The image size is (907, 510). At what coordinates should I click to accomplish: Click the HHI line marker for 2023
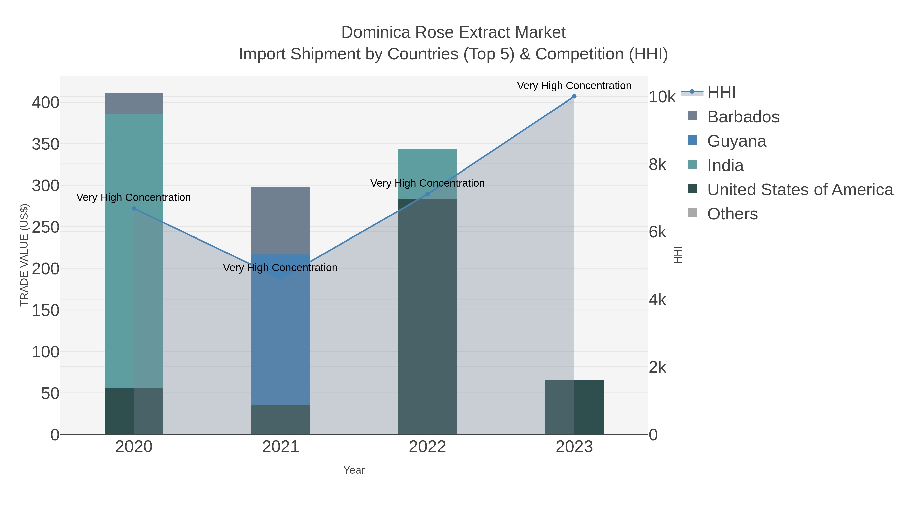(x=574, y=96)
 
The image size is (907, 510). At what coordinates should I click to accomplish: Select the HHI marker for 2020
(x=134, y=208)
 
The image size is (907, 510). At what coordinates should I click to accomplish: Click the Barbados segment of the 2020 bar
(x=134, y=104)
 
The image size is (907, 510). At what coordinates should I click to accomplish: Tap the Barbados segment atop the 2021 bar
(x=281, y=220)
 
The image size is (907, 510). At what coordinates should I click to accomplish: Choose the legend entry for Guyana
(x=737, y=141)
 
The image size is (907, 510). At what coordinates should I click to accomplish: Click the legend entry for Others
(x=732, y=214)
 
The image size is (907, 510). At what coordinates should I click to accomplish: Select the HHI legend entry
(x=721, y=93)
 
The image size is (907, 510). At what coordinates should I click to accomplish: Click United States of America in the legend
(x=800, y=190)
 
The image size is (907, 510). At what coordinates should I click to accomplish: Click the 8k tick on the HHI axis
(x=657, y=165)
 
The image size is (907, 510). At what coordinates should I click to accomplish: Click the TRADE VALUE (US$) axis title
(x=24, y=255)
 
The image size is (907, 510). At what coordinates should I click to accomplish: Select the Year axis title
(x=354, y=470)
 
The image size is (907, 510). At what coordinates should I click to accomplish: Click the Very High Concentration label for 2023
(x=574, y=86)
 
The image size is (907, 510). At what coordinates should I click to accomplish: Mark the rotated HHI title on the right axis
(x=678, y=255)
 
